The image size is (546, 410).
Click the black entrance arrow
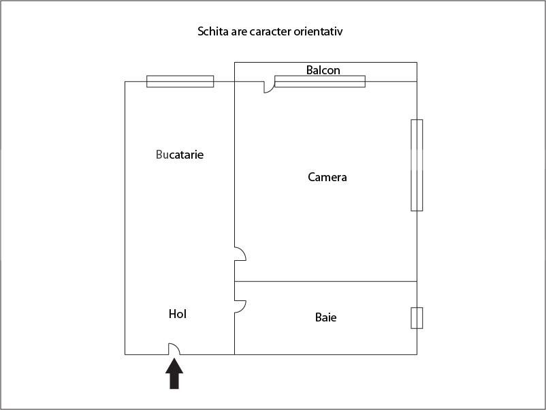[174, 374]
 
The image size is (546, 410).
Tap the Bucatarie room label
[180, 155]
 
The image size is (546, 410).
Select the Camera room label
[327, 177]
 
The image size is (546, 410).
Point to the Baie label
[325, 317]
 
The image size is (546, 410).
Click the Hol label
[178, 314]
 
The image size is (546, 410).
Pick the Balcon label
[323, 70]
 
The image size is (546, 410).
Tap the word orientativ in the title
[318, 31]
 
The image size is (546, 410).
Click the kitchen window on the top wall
[180, 82]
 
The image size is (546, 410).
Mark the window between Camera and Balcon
[320, 82]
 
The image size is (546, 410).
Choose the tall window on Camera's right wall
[417, 165]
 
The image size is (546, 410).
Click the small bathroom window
[417, 318]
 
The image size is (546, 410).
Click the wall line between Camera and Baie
[325, 281]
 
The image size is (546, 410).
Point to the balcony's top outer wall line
[325, 63]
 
